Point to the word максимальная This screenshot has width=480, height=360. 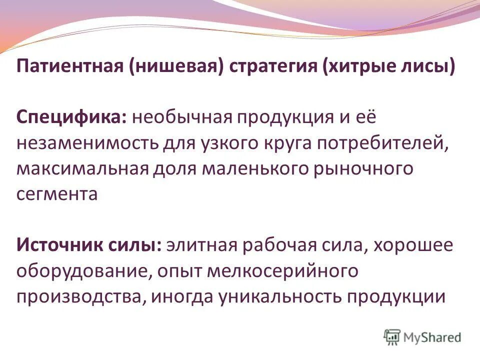click(x=82, y=168)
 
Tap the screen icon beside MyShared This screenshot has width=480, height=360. click(x=392, y=336)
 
